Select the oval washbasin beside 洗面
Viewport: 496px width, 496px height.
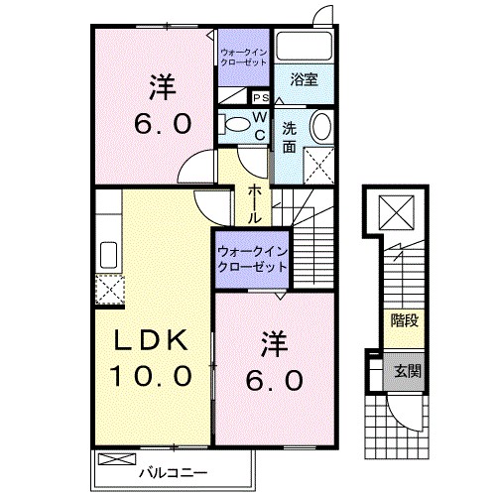pos(321,126)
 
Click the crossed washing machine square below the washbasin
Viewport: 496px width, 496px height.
pos(318,162)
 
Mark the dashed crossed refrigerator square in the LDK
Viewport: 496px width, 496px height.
pos(107,290)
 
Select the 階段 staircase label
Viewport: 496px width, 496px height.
pos(404,319)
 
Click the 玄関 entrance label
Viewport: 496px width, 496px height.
pos(404,371)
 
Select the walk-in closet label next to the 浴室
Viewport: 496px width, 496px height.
pos(244,56)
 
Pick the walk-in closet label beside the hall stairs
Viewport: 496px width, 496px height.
pos(251,259)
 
